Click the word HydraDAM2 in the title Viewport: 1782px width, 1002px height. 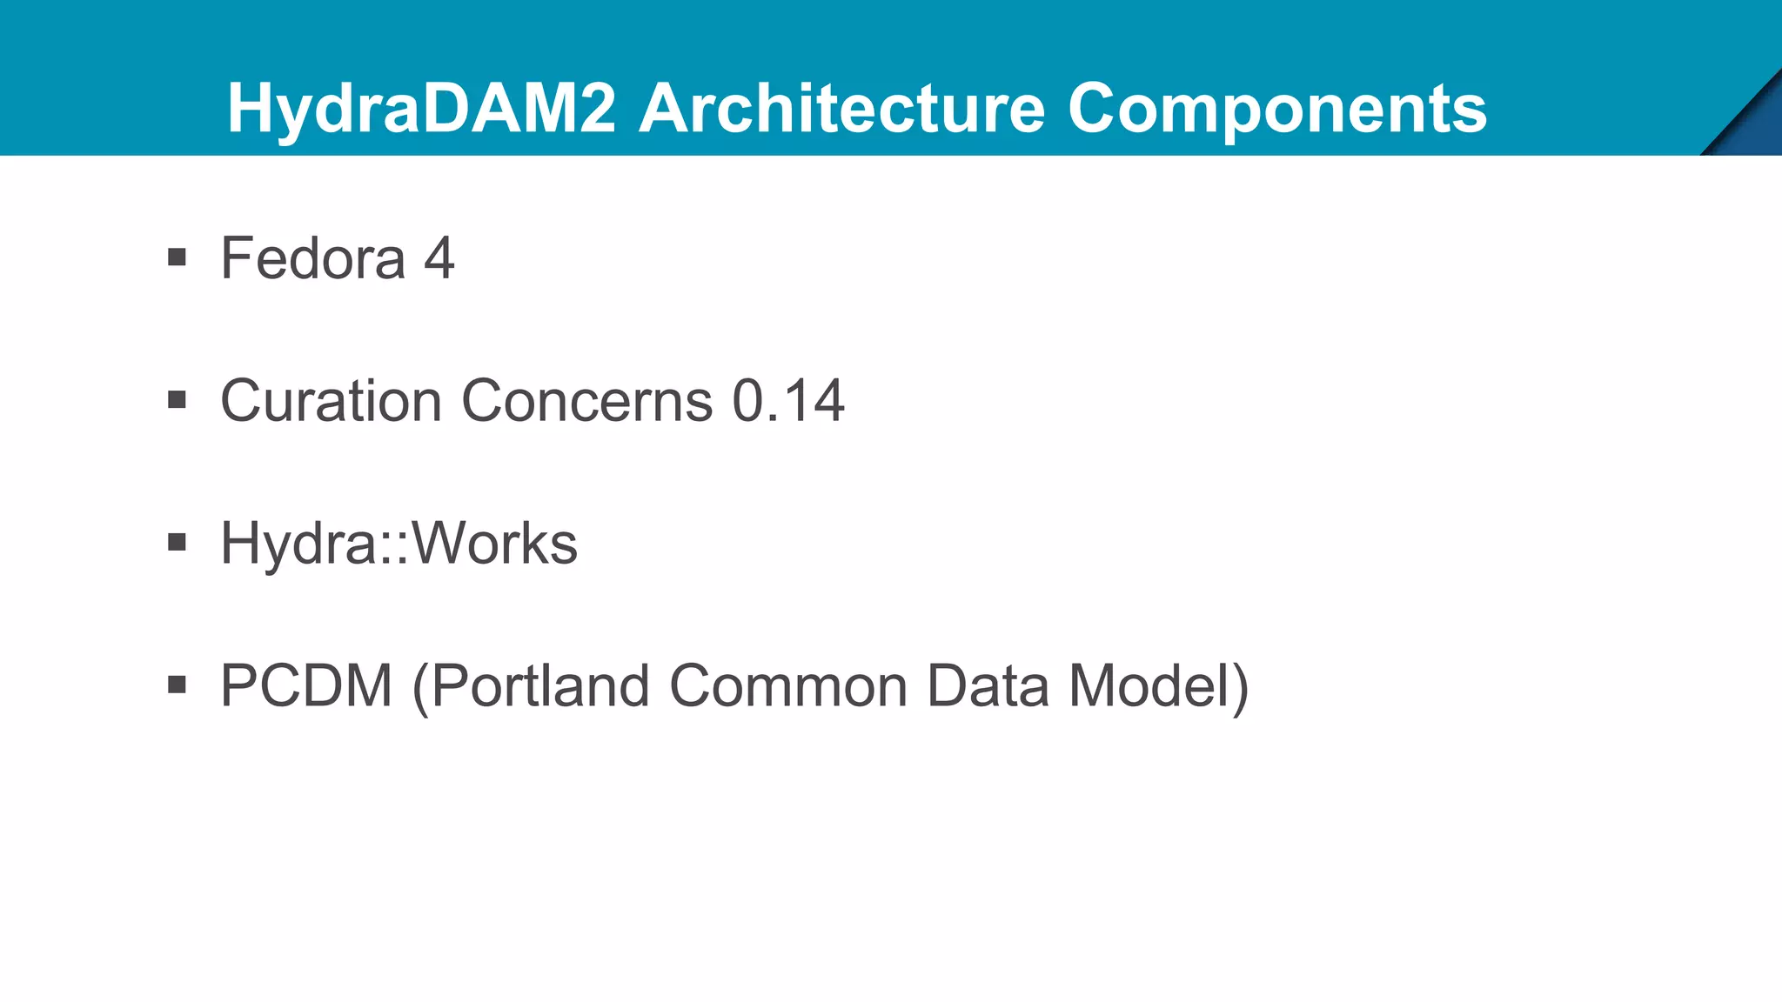[x=422, y=109]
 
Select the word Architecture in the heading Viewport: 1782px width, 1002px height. [x=841, y=109]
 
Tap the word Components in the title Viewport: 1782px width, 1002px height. [x=1277, y=109]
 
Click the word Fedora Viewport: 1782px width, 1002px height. [x=313, y=258]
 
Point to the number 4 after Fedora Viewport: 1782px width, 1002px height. [x=439, y=258]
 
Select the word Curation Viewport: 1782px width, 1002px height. [x=332, y=401]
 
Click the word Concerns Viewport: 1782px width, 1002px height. [x=587, y=401]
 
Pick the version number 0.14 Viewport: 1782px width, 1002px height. [x=788, y=401]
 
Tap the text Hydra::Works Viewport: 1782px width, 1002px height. [x=399, y=544]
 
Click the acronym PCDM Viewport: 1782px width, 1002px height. [x=306, y=686]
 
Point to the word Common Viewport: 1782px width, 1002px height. [x=787, y=686]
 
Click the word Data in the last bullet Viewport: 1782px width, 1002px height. [x=988, y=686]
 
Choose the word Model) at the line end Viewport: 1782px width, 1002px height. [x=1158, y=686]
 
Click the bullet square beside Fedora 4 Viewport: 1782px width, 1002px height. [x=178, y=257]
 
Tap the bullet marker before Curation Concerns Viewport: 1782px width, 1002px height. [x=178, y=400]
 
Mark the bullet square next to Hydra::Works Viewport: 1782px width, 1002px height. [x=178, y=543]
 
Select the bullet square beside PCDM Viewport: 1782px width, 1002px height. [x=178, y=685]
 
